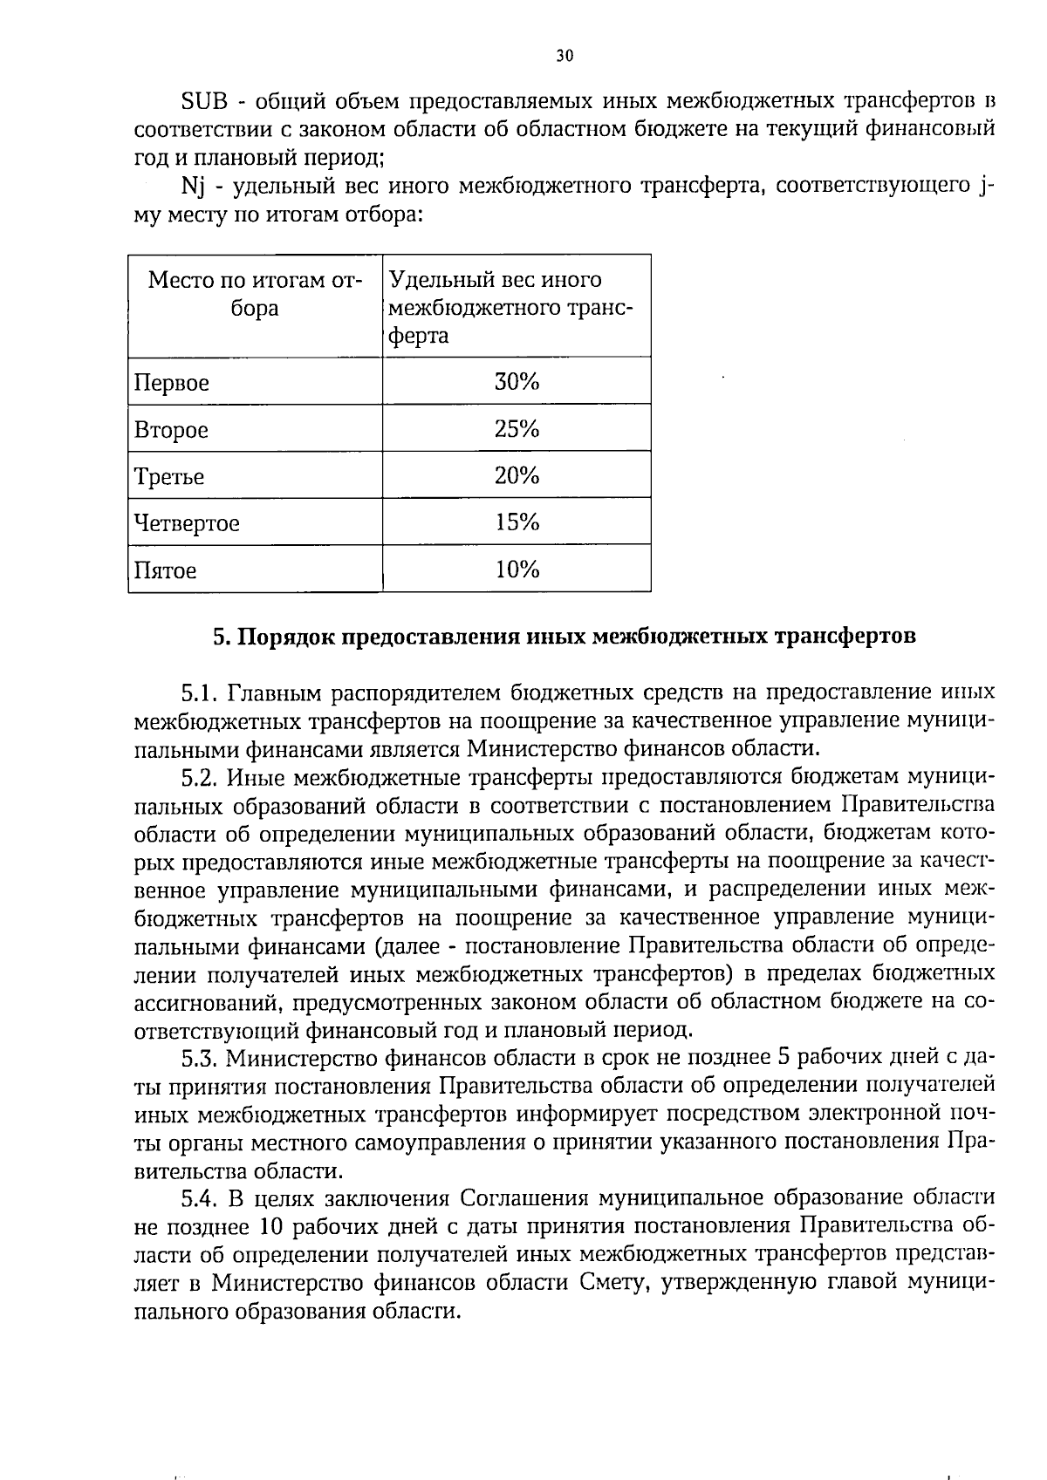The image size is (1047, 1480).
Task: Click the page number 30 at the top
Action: tap(565, 56)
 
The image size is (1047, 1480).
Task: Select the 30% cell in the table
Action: tap(517, 381)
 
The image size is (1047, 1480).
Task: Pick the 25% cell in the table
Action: tap(517, 428)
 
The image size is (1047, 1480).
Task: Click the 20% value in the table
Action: tap(517, 475)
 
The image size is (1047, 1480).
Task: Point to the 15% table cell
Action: tap(517, 522)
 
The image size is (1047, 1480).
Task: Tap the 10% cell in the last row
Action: tap(517, 569)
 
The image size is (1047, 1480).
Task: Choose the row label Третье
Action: tap(169, 477)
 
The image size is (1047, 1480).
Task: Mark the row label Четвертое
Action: tap(187, 524)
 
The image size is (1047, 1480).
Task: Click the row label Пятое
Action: tap(166, 571)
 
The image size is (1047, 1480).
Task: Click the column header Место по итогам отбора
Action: tap(255, 294)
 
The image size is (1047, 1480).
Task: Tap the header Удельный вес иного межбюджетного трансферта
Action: tap(510, 308)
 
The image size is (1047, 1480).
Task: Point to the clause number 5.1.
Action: tap(199, 693)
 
